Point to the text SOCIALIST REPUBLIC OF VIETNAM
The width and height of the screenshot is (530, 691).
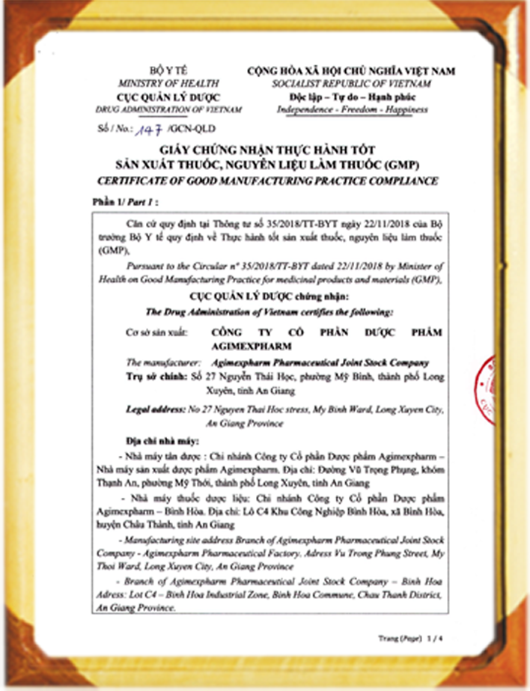click(x=352, y=84)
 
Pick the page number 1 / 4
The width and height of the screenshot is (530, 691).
click(x=432, y=637)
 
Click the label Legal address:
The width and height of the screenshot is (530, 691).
click(x=159, y=410)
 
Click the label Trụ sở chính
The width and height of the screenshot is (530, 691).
click(x=156, y=377)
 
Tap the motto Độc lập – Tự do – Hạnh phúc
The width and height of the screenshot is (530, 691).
click(x=352, y=97)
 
